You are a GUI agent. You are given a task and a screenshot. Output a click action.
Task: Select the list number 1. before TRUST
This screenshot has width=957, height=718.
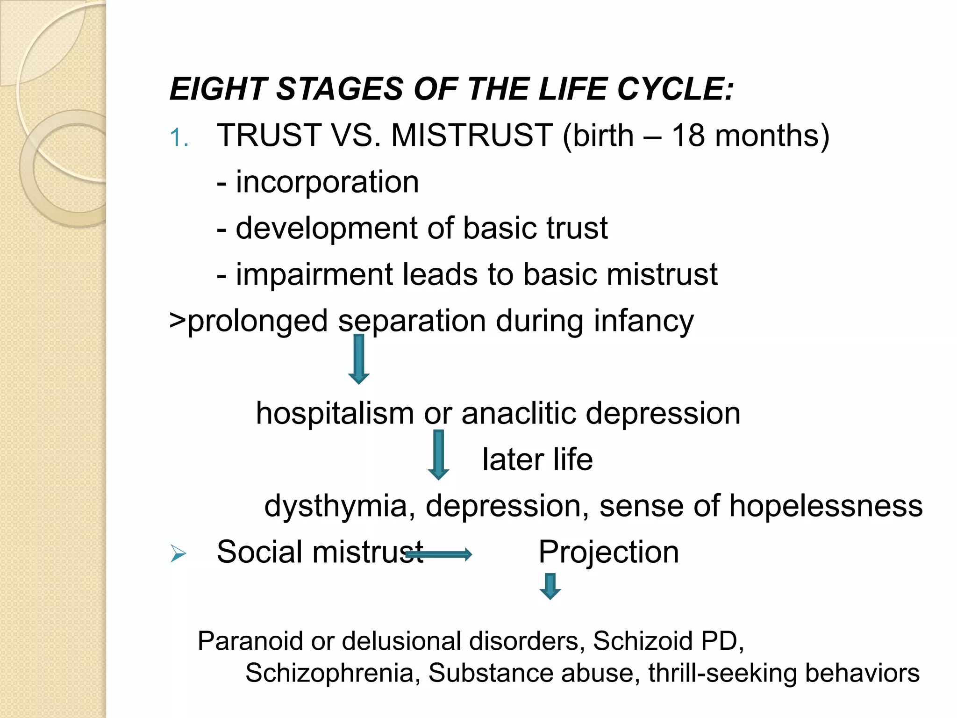tap(179, 138)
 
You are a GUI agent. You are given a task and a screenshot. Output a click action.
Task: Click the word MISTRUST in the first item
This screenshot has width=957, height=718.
tap(472, 136)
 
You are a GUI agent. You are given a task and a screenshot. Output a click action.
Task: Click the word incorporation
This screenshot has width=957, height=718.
tap(327, 182)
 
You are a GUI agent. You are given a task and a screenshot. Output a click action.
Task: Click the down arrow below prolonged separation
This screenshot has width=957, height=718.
tap(359, 359)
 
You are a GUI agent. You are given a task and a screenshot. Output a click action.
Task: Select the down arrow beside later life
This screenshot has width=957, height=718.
tap(438, 454)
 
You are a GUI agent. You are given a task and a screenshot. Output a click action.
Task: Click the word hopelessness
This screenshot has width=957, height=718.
tap(826, 506)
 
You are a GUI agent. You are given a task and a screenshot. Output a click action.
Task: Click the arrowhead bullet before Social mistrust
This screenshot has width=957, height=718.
tap(179, 554)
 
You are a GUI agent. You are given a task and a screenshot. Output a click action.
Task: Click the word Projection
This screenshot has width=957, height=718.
tap(608, 553)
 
